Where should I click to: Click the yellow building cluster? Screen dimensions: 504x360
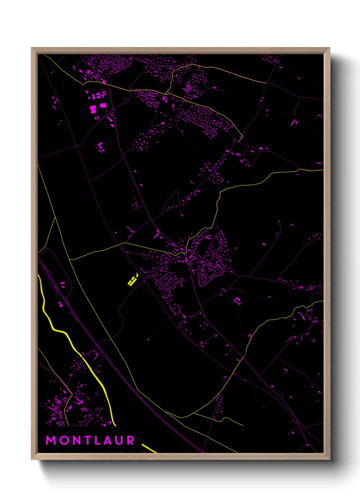pyautogui.click(x=132, y=280)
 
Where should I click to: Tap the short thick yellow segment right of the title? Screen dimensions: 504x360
pyautogui.click(x=149, y=448)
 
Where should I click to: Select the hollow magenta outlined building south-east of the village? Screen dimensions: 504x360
pyautogui.click(x=238, y=301)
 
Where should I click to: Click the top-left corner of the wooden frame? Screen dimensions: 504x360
pyautogui.click(x=32, y=48)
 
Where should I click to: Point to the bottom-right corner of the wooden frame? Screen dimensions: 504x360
pyautogui.click(x=329, y=459)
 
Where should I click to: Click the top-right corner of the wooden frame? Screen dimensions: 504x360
pyautogui.click(x=329, y=48)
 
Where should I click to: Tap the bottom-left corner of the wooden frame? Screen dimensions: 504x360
pyautogui.click(x=32, y=459)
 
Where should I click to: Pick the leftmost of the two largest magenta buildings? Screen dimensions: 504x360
pyautogui.click(x=93, y=109)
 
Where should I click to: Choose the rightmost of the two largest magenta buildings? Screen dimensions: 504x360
pyautogui.click(x=103, y=106)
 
